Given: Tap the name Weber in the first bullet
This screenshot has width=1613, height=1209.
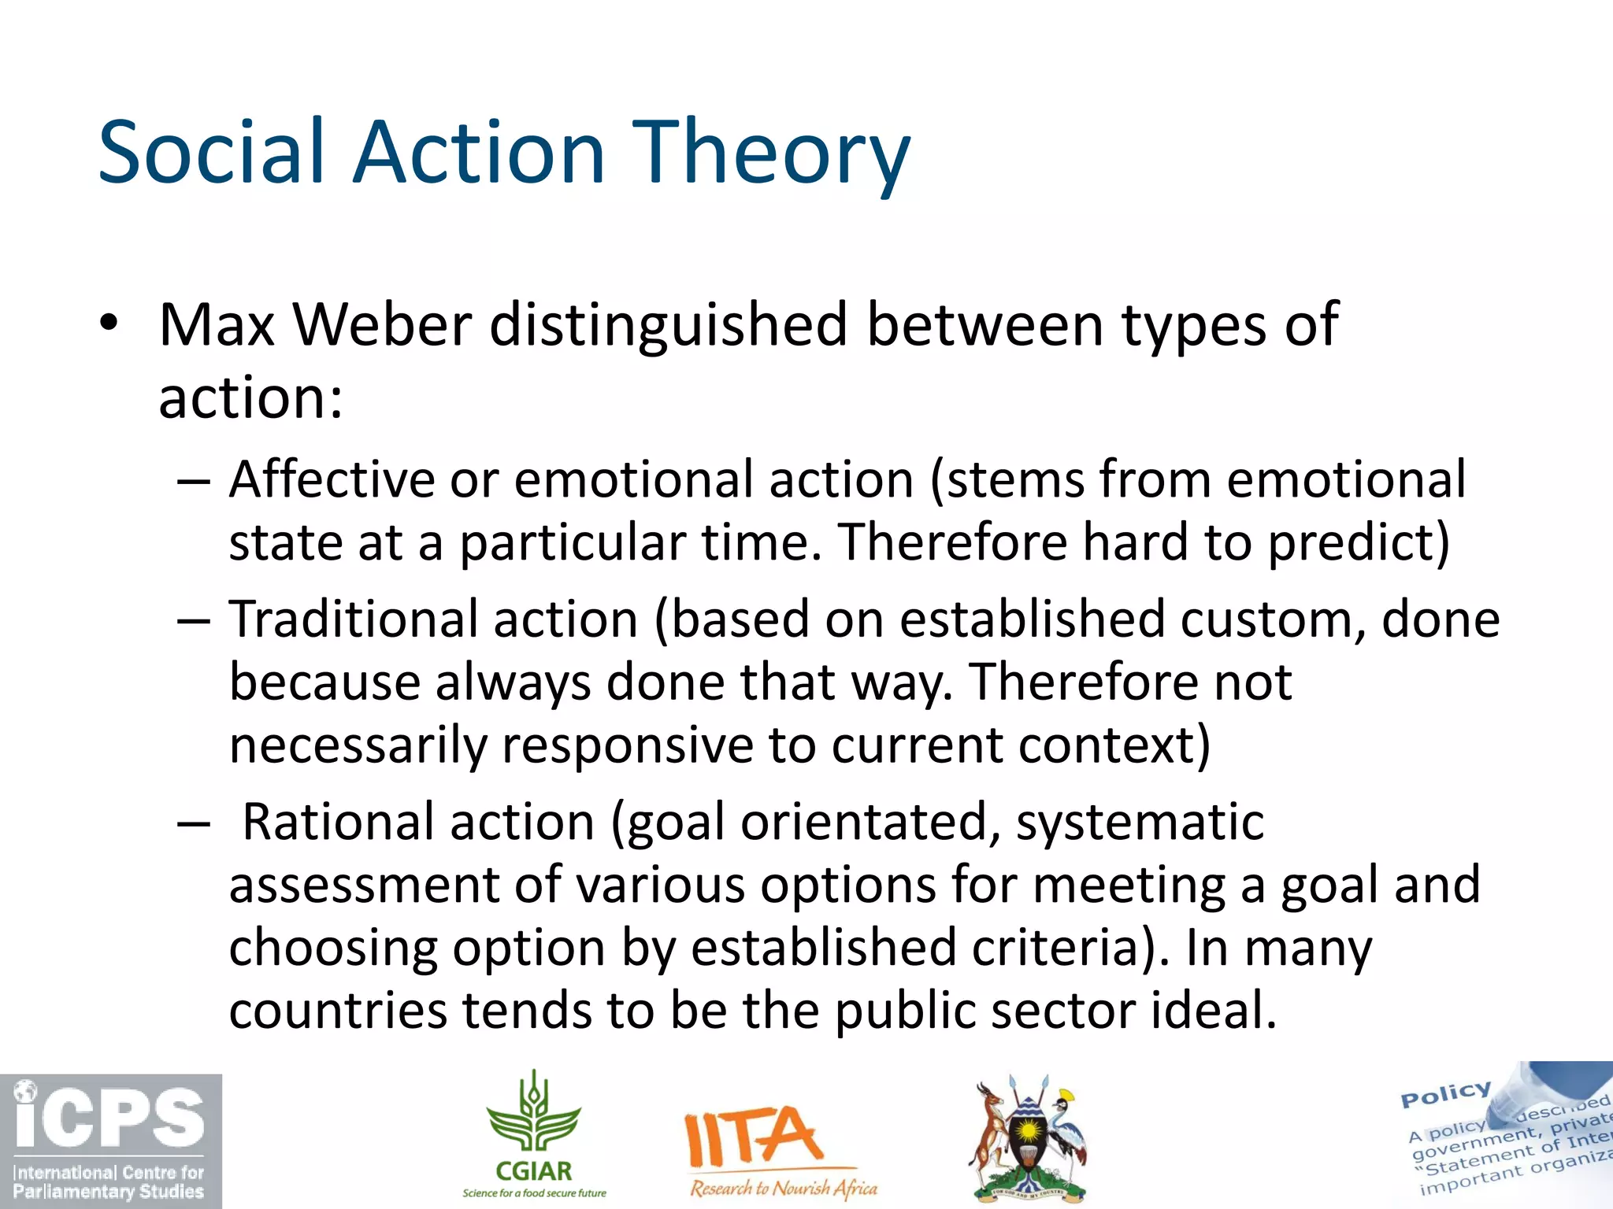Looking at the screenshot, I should [x=382, y=324].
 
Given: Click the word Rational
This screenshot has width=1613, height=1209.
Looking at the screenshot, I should [x=339, y=822].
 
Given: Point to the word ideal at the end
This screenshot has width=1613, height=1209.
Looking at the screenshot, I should [x=1213, y=1011].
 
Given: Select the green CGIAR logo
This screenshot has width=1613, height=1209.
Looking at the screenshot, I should [x=534, y=1133].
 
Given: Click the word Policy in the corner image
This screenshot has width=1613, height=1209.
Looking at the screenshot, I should [x=1445, y=1094].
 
